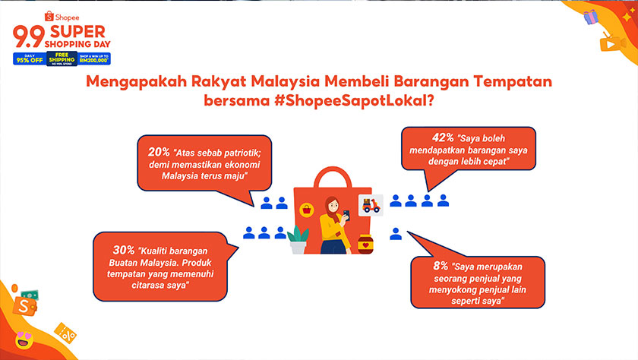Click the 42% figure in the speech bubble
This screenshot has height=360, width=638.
[444, 138]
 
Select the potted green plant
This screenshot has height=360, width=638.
[298, 238]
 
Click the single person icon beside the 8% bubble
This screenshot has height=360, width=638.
[395, 234]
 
